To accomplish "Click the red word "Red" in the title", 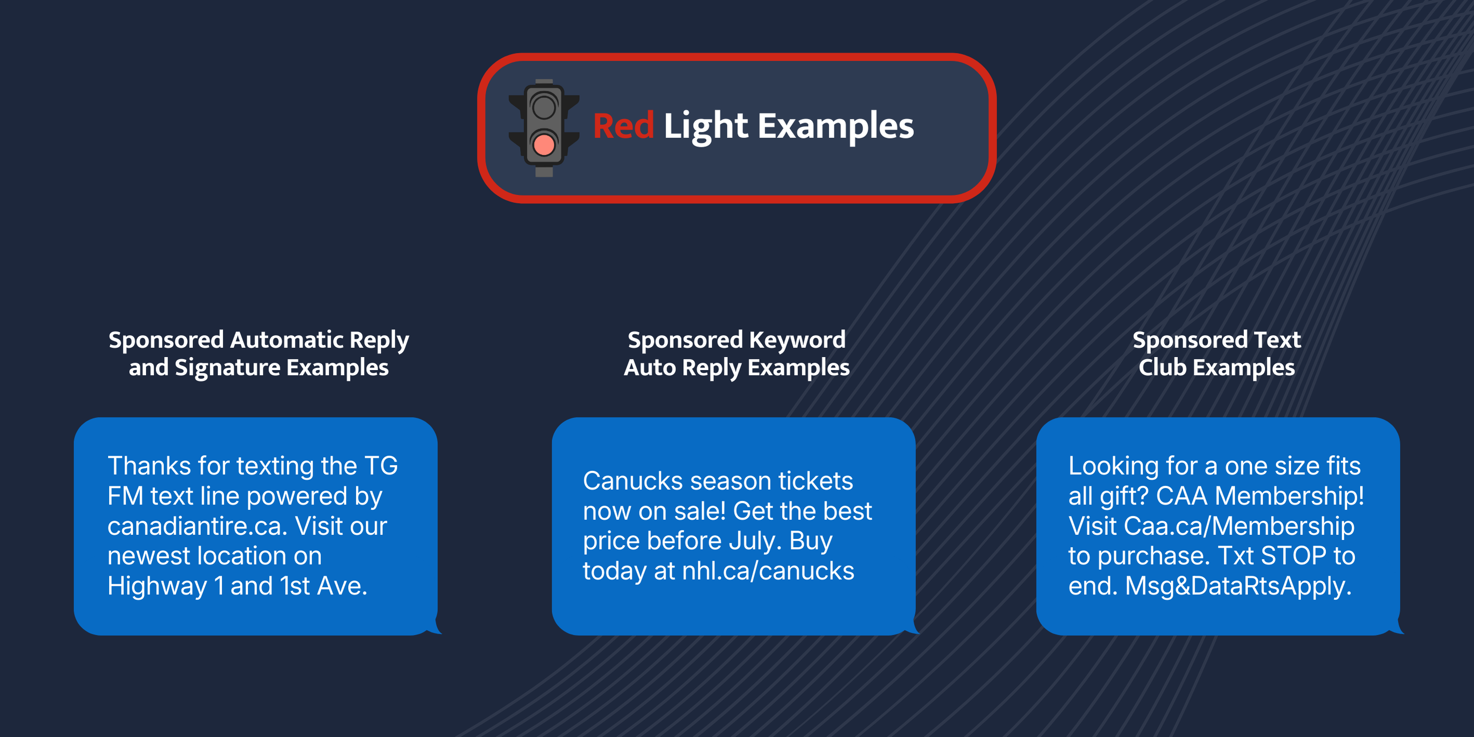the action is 623,126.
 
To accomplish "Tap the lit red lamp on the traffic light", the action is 544,145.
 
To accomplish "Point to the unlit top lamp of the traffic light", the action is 544,107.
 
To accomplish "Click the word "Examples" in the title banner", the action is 836,127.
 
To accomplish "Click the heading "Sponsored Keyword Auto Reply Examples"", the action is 736,354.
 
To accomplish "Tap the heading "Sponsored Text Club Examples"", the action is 1217,354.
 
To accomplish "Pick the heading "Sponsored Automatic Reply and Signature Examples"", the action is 258,354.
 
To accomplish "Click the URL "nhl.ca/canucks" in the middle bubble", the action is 768,571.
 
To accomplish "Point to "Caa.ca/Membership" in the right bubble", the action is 1239,526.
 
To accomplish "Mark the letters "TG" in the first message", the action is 381,466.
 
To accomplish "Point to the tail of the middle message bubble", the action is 912,627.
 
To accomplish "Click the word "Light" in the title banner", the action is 706,127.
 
